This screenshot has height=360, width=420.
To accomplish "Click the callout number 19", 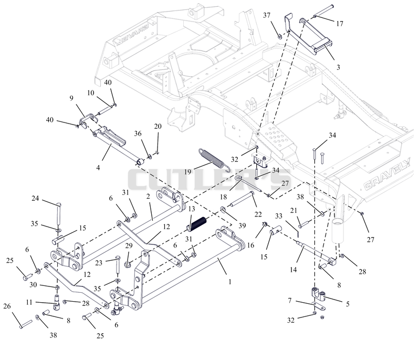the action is pos(188,171).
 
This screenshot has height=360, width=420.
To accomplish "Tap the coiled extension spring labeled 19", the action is pos(214,160).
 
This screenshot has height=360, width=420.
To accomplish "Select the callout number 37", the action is pos(267,16).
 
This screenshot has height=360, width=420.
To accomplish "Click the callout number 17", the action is pos(340,24).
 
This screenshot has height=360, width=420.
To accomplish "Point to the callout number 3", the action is pos(338,67).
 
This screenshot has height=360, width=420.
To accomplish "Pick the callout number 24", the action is pos(35,198).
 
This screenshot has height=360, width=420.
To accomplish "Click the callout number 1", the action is pos(229,282).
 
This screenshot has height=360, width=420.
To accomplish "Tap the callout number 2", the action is pos(148,197).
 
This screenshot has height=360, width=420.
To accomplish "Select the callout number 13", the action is pos(192,209).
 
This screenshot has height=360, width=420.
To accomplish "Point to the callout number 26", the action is pos(7,306).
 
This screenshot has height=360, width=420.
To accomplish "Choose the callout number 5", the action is pos(348,304).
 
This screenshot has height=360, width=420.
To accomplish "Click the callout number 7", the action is pos(290,301).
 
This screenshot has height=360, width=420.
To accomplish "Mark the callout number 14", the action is pos(293,270).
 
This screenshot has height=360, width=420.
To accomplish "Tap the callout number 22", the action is pos(258,215).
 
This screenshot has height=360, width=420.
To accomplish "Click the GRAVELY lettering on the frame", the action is pos(387,174).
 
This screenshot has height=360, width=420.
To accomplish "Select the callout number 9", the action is pos(71,98).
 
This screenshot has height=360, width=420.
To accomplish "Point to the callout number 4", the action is pos(98,168).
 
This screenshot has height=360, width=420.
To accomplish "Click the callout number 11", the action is pos(29,302).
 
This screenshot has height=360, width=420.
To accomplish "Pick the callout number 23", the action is pos(99,263).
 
